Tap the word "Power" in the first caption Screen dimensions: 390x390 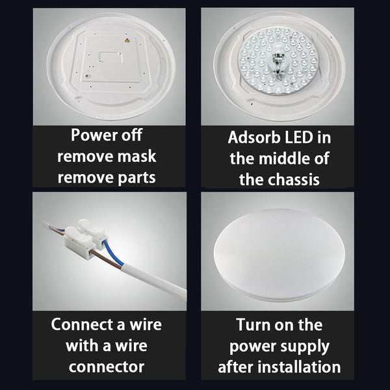[94, 136]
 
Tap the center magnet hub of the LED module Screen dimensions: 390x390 [276, 64]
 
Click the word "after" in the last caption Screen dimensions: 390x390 [237, 366]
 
